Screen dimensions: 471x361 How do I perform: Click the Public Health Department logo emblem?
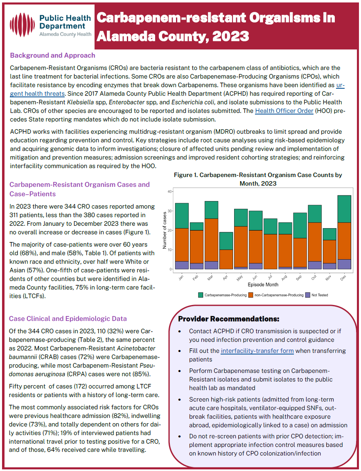pos(23,25)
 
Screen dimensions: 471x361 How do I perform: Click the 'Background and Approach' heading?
pos(52,55)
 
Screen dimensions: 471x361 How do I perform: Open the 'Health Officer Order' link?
pos(284,111)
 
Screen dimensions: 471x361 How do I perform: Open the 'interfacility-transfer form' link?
pos(257,350)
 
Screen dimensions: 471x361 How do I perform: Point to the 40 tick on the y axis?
pos(169,191)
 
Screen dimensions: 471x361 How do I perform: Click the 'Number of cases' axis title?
pos(165,230)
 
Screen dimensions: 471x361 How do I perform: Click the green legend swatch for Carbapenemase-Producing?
pos(201,295)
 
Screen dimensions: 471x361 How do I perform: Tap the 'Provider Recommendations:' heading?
pos(229,319)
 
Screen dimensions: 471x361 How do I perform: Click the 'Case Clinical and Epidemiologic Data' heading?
pos(68,318)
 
